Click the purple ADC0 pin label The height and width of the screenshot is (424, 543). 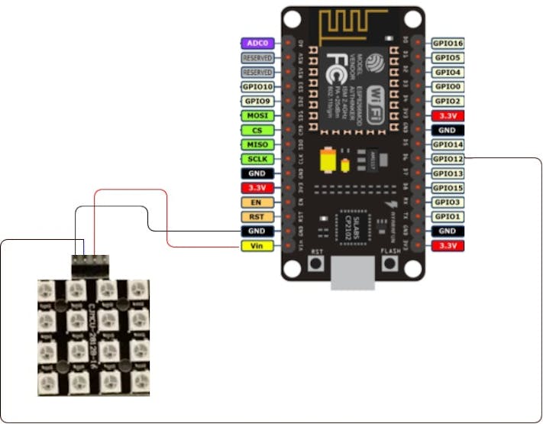[x=257, y=44]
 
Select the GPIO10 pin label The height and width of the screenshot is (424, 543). [x=257, y=87]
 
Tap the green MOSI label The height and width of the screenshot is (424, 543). [x=257, y=115]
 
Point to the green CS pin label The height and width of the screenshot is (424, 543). [x=257, y=130]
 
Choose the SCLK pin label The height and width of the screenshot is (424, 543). [x=257, y=159]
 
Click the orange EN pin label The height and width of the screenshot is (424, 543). [x=257, y=202]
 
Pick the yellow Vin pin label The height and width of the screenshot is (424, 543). [x=257, y=246]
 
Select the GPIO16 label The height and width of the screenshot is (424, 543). [x=448, y=44]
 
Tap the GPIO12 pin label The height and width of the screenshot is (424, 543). [x=448, y=159]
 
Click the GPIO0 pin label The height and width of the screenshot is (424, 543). [x=448, y=87]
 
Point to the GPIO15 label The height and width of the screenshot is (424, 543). [x=448, y=188]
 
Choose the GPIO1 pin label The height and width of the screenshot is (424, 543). [x=448, y=217]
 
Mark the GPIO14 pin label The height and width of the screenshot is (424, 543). [x=448, y=144]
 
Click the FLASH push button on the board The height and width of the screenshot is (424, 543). [x=390, y=264]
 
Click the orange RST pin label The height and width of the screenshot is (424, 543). [x=257, y=217]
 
